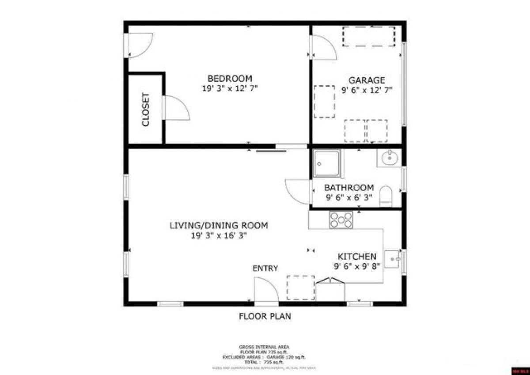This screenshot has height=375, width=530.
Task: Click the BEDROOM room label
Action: click(x=230, y=79)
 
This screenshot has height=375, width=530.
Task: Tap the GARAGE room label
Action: click(x=367, y=80)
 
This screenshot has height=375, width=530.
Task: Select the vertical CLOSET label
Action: click(x=146, y=110)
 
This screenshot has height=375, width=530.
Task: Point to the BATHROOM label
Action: click(x=348, y=188)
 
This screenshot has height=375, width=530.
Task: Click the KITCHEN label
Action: click(x=357, y=257)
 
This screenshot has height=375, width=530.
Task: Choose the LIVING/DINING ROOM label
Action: click(x=219, y=226)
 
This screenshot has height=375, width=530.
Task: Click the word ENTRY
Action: click(x=265, y=268)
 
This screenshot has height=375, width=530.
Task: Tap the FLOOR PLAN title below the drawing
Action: click(x=265, y=316)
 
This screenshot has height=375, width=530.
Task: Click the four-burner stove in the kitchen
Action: click(x=341, y=220)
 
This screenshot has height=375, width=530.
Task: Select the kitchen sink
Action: click(x=392, y=259)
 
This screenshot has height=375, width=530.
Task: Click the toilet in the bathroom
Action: click(x=386, y=196)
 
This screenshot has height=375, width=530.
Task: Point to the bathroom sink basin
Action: click(x=389, y=157)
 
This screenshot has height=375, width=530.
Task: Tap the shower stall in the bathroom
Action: click(x=326, y=163)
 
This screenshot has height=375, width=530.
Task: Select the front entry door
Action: click(x=266, y=290)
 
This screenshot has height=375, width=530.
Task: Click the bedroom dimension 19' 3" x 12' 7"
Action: click(x=230, y=88)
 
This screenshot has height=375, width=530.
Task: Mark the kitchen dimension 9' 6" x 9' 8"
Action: click(x=357, y=266)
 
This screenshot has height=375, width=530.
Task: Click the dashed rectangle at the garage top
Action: click(x=368, y=37)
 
